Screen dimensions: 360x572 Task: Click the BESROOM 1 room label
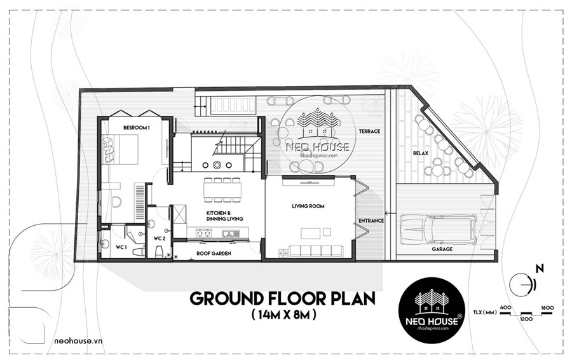coord(137,128)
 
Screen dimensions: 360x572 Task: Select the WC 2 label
coord(160,238)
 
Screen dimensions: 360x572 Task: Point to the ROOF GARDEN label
coord(213,254)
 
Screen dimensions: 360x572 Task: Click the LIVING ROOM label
coord(308,207)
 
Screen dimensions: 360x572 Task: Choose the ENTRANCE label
coord(371,221)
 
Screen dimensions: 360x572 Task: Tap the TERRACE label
coord(369,132)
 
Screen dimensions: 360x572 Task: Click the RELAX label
coord(420,154)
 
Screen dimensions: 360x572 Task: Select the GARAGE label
coord(442,249)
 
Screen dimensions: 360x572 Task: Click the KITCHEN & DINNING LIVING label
coord(224,216)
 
